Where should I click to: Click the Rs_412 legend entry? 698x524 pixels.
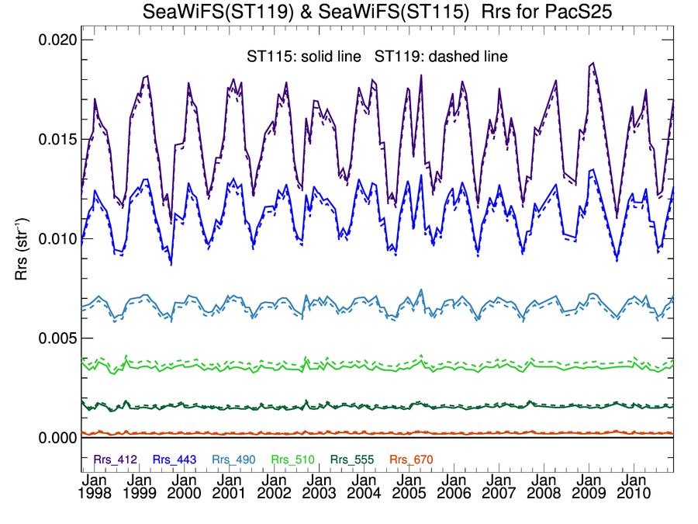coord(116,460)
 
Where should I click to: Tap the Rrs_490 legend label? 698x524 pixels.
coord(233,460)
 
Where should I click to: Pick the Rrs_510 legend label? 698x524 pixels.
coord(292,460)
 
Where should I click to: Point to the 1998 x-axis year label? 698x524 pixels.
coord(95,494)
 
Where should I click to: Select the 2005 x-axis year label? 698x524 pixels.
coord(409,494)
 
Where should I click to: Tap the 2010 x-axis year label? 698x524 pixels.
coord(634,494)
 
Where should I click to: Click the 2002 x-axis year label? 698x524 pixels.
coord(275,494)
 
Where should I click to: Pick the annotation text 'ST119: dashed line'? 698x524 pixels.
coord(441,57)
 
